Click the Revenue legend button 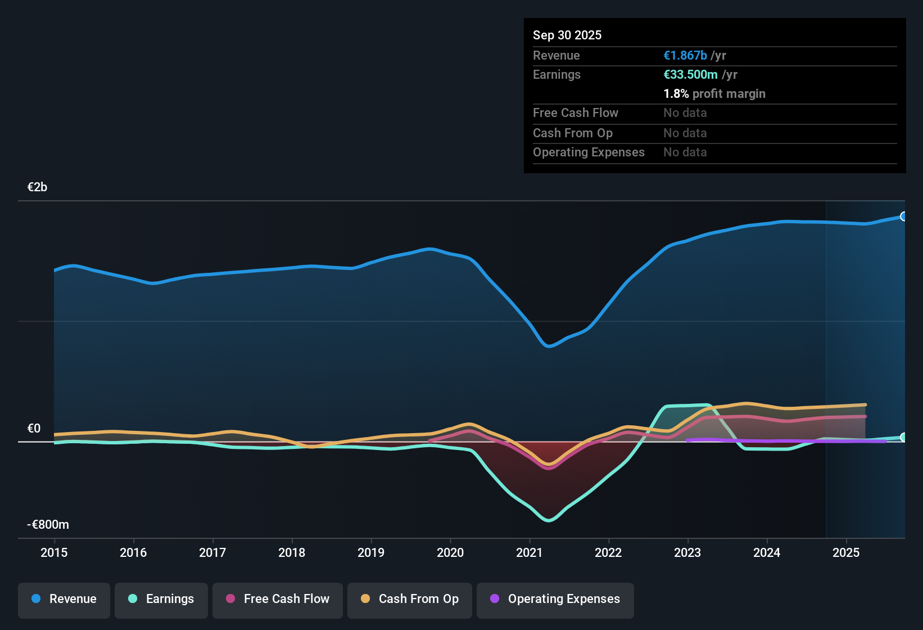click(x=64, y=599)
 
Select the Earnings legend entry click(x=161, y=599)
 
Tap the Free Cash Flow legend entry click(x=278, y=599)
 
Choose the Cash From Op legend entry click(x=410, y=599)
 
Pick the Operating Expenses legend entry click(x=555, y=599)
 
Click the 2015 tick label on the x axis click(x=54, y=552)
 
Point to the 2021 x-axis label click(x=529, y=552)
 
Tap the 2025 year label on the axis click(x=845, y=552)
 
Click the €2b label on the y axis click(x=37, y=187)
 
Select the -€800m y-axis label click(x=48, y=525)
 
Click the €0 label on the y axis click(x=34, y=429)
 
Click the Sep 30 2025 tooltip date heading click(x=567, y=35)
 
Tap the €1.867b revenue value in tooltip click(x=685, y=56)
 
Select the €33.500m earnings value click(x=690, y=75)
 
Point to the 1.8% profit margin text click(x=714, y=94)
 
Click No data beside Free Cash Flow click(x=685, y=113)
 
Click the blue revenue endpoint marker click(x=903, y=217)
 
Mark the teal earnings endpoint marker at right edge click(x=903, y=437)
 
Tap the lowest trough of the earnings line click(x=549, y=520)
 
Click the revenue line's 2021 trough click(x=549, y=346)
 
